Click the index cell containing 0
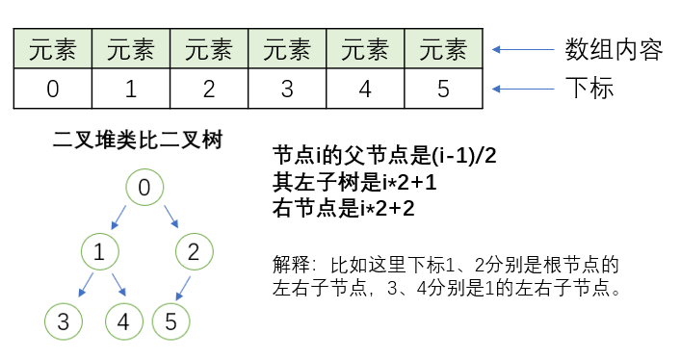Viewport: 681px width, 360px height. point(53,90)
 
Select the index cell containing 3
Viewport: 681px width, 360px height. point(287,90)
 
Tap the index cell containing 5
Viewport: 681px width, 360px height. point(443,90)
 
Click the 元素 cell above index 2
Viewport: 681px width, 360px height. point(209,49)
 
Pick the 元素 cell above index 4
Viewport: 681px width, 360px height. point(365,49)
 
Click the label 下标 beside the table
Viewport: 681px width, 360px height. point(589,90)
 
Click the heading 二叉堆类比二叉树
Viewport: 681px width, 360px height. point(138,141)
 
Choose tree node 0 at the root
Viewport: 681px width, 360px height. point(144,188)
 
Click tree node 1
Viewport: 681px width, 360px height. point(99,254)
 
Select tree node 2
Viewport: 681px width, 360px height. point(194,254)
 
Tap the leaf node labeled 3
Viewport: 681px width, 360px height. point(63,321)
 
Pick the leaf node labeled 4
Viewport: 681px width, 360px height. point(123,321)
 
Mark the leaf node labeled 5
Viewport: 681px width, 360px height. point(170,321)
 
